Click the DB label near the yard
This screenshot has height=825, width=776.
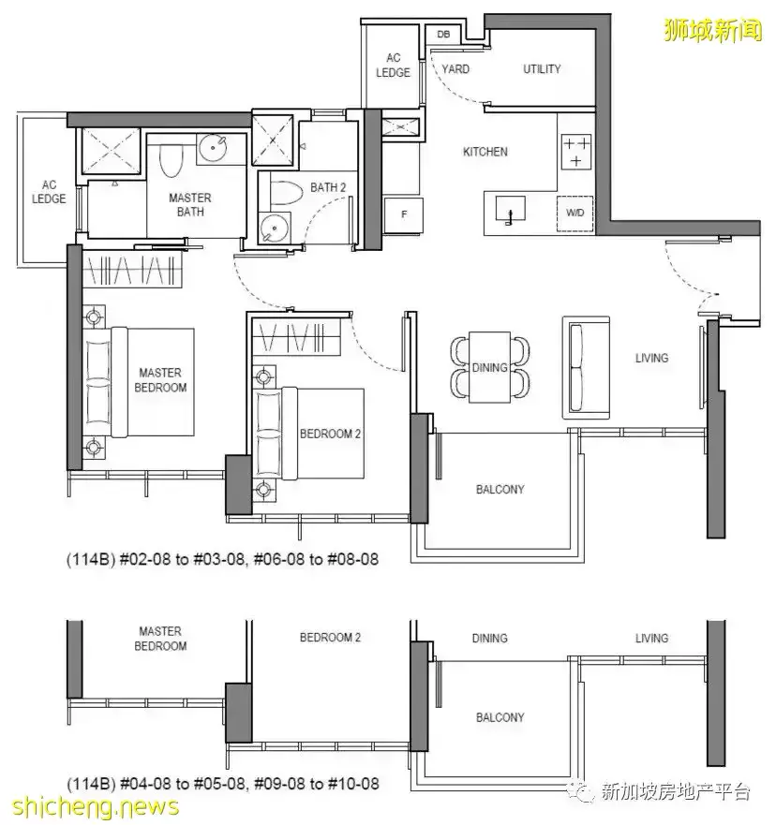point(443,35)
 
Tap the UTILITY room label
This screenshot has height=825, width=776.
point(542,69)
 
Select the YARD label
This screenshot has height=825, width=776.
point(455,69)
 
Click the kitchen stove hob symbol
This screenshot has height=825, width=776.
point(576,152)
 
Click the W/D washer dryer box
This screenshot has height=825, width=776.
point(575,214)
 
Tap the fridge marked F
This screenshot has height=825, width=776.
point(403,214)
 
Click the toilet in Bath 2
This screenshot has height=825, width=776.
point(286,193)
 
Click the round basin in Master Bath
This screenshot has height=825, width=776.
point(214,149)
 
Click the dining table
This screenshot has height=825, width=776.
point(489,367)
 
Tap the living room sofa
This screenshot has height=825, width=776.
point(586,367)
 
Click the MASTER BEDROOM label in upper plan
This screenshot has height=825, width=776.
point(160,380)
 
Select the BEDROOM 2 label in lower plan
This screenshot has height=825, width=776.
point(330,638)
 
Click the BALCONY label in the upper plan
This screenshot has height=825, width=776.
point(500,490)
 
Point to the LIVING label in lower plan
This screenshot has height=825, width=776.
point(651,639)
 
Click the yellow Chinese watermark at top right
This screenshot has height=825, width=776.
point(713,30)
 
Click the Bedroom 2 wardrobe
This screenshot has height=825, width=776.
point(296,337)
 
